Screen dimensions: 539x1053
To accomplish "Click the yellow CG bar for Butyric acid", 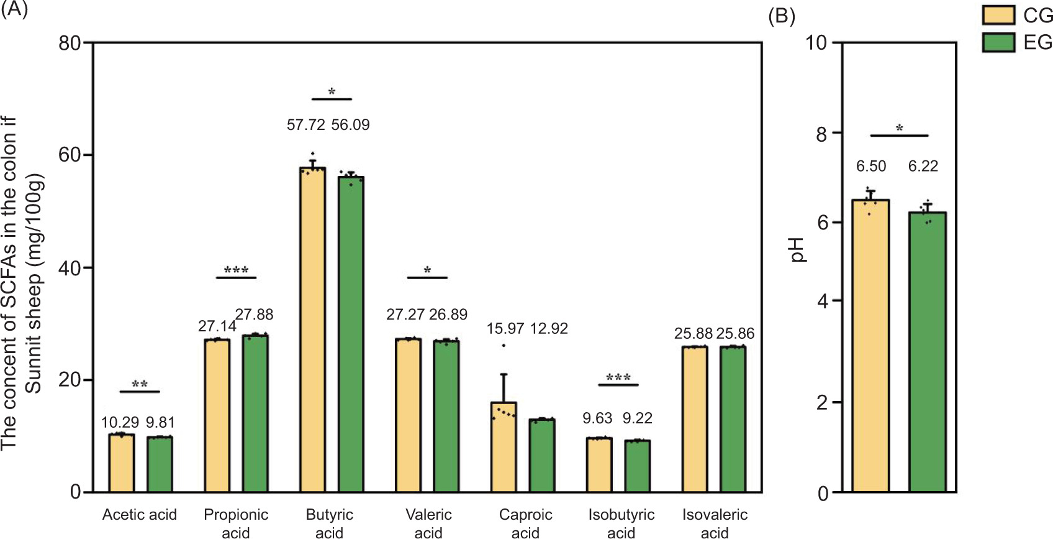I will (x=312, y=329).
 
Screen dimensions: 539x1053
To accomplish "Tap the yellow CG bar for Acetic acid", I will (x=122, y=463).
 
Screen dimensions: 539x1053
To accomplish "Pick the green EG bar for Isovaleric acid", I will (x=733, y=420).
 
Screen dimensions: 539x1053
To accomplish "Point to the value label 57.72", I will (x=305, y=125).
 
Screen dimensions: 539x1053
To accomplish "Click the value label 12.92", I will (x=549, y=328).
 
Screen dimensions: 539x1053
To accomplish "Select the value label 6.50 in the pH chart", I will (x=871, y=166).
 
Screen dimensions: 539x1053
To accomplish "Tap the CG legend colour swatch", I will (x=998, y=15).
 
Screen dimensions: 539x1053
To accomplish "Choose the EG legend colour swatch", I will (x=998, y=42).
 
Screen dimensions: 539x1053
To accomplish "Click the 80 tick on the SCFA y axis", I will (x=70, y=43).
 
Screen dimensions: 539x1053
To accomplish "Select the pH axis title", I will (x=797, y=250).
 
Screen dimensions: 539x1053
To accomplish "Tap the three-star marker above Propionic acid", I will (x=237, y=270).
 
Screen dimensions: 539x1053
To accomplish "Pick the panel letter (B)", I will (x=782, y=16).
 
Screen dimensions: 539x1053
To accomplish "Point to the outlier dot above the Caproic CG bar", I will (x=504, y=346).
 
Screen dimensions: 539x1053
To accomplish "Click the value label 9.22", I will (x=638, y=418).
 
